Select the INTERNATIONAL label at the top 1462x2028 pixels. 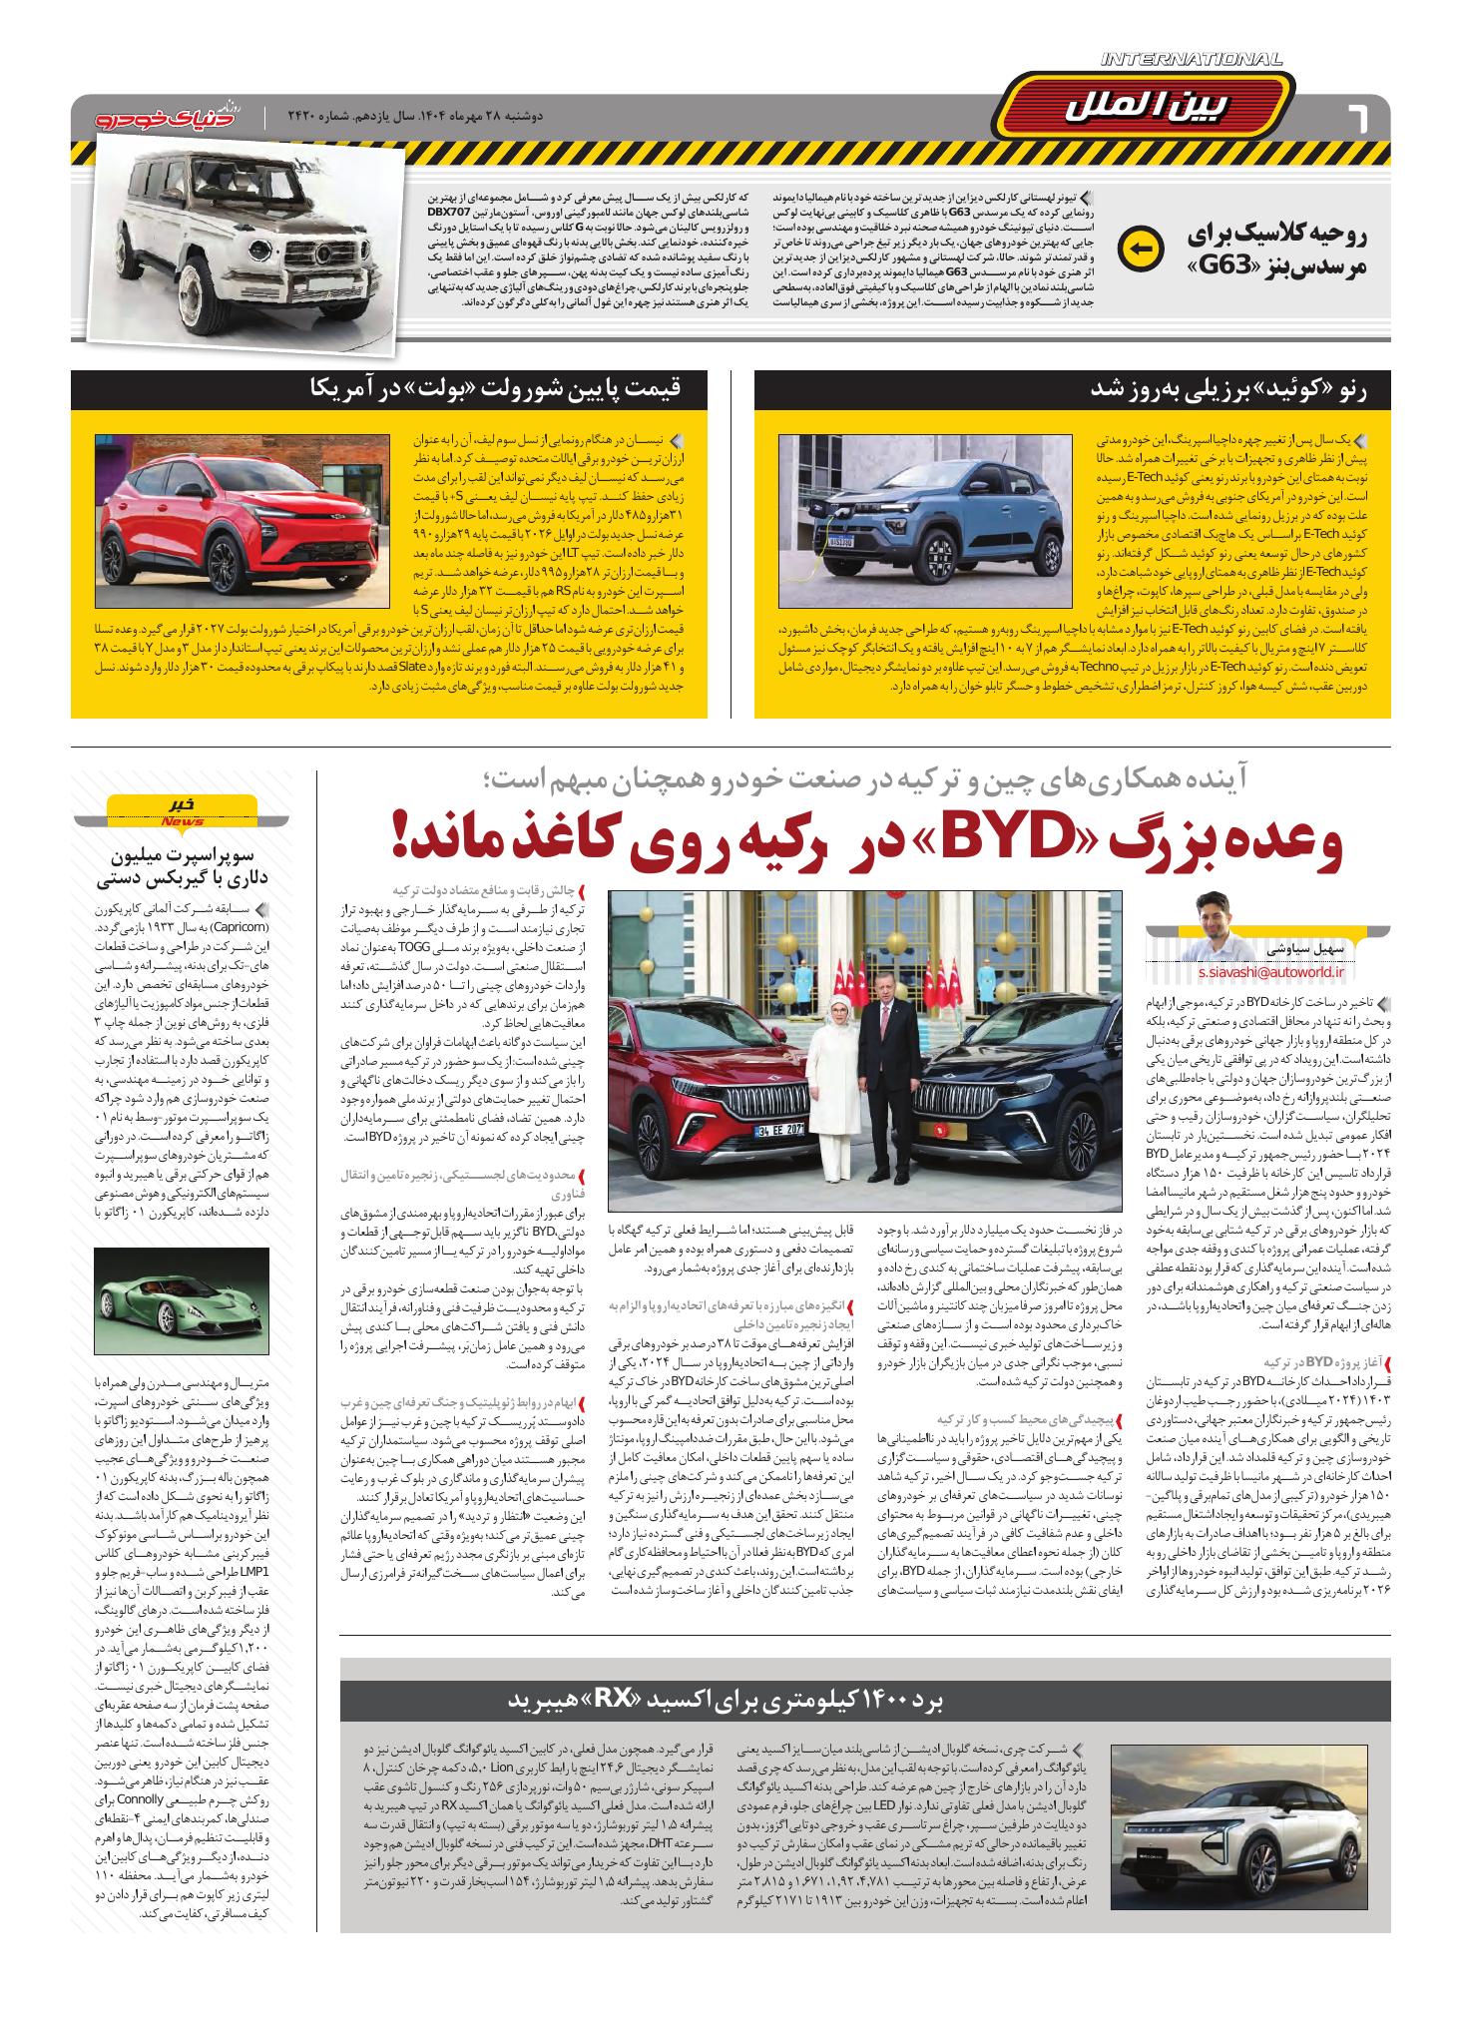(1192, 61)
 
